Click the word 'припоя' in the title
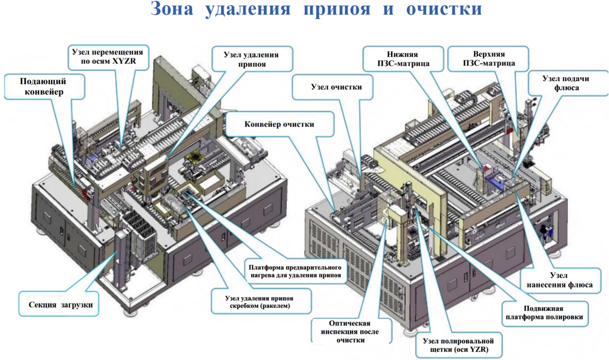coord(337,9)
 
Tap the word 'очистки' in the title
coord(444,9)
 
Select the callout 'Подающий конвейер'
coord(44,87)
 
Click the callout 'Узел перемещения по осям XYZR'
coord(108,56)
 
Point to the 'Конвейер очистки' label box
coord(279,124)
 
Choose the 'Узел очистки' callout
coord(333,87)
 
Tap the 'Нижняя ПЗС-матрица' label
coord(403,59)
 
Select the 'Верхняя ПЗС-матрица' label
coord(488,59)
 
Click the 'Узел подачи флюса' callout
coord(568,83)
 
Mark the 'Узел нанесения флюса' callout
coord(560,280)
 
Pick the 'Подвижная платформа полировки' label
coord(545,313)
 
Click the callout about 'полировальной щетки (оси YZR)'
coord(459,345)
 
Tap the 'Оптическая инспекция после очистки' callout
coord(351,331)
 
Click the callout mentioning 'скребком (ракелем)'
coord(261,302)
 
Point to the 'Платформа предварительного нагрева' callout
coord(296,271)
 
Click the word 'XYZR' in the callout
coord(124,61)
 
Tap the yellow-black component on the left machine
coord(195,158)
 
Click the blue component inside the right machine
coord(495,182)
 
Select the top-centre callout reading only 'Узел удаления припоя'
coord(252,59)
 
